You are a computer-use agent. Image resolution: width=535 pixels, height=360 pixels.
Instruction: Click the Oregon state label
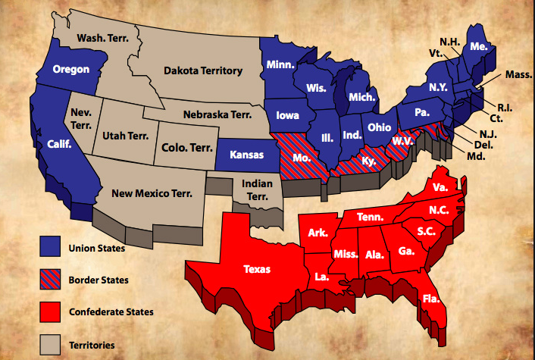[x=71, y=70]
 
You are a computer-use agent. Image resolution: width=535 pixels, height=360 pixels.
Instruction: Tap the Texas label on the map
[x=260, y=268]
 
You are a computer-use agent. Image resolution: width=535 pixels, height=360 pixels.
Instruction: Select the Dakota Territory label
[x=203, y=70]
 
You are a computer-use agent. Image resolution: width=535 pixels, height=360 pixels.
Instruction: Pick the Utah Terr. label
[x=124, y=136]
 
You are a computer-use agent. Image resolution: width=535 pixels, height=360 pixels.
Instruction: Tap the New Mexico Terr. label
[x=152, y=193]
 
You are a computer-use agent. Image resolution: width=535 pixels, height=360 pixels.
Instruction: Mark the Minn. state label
[x=281, y=65]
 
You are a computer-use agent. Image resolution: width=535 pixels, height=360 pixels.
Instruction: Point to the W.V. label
[x=402, y=141]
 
